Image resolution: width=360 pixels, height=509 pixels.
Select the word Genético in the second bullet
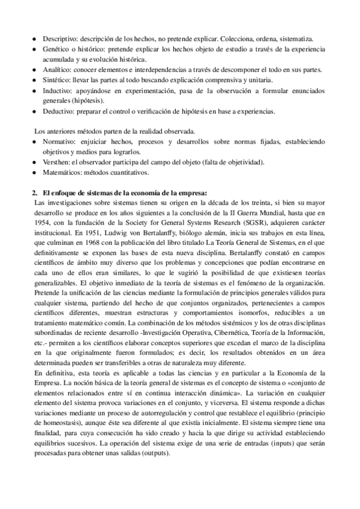pyautogui.click(x=55, y=49)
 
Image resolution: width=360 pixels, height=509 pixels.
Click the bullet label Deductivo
pyautogui.click(x=58, y=111)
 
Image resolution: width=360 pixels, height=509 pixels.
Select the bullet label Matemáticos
pyautogui.click(x=62, y=172)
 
